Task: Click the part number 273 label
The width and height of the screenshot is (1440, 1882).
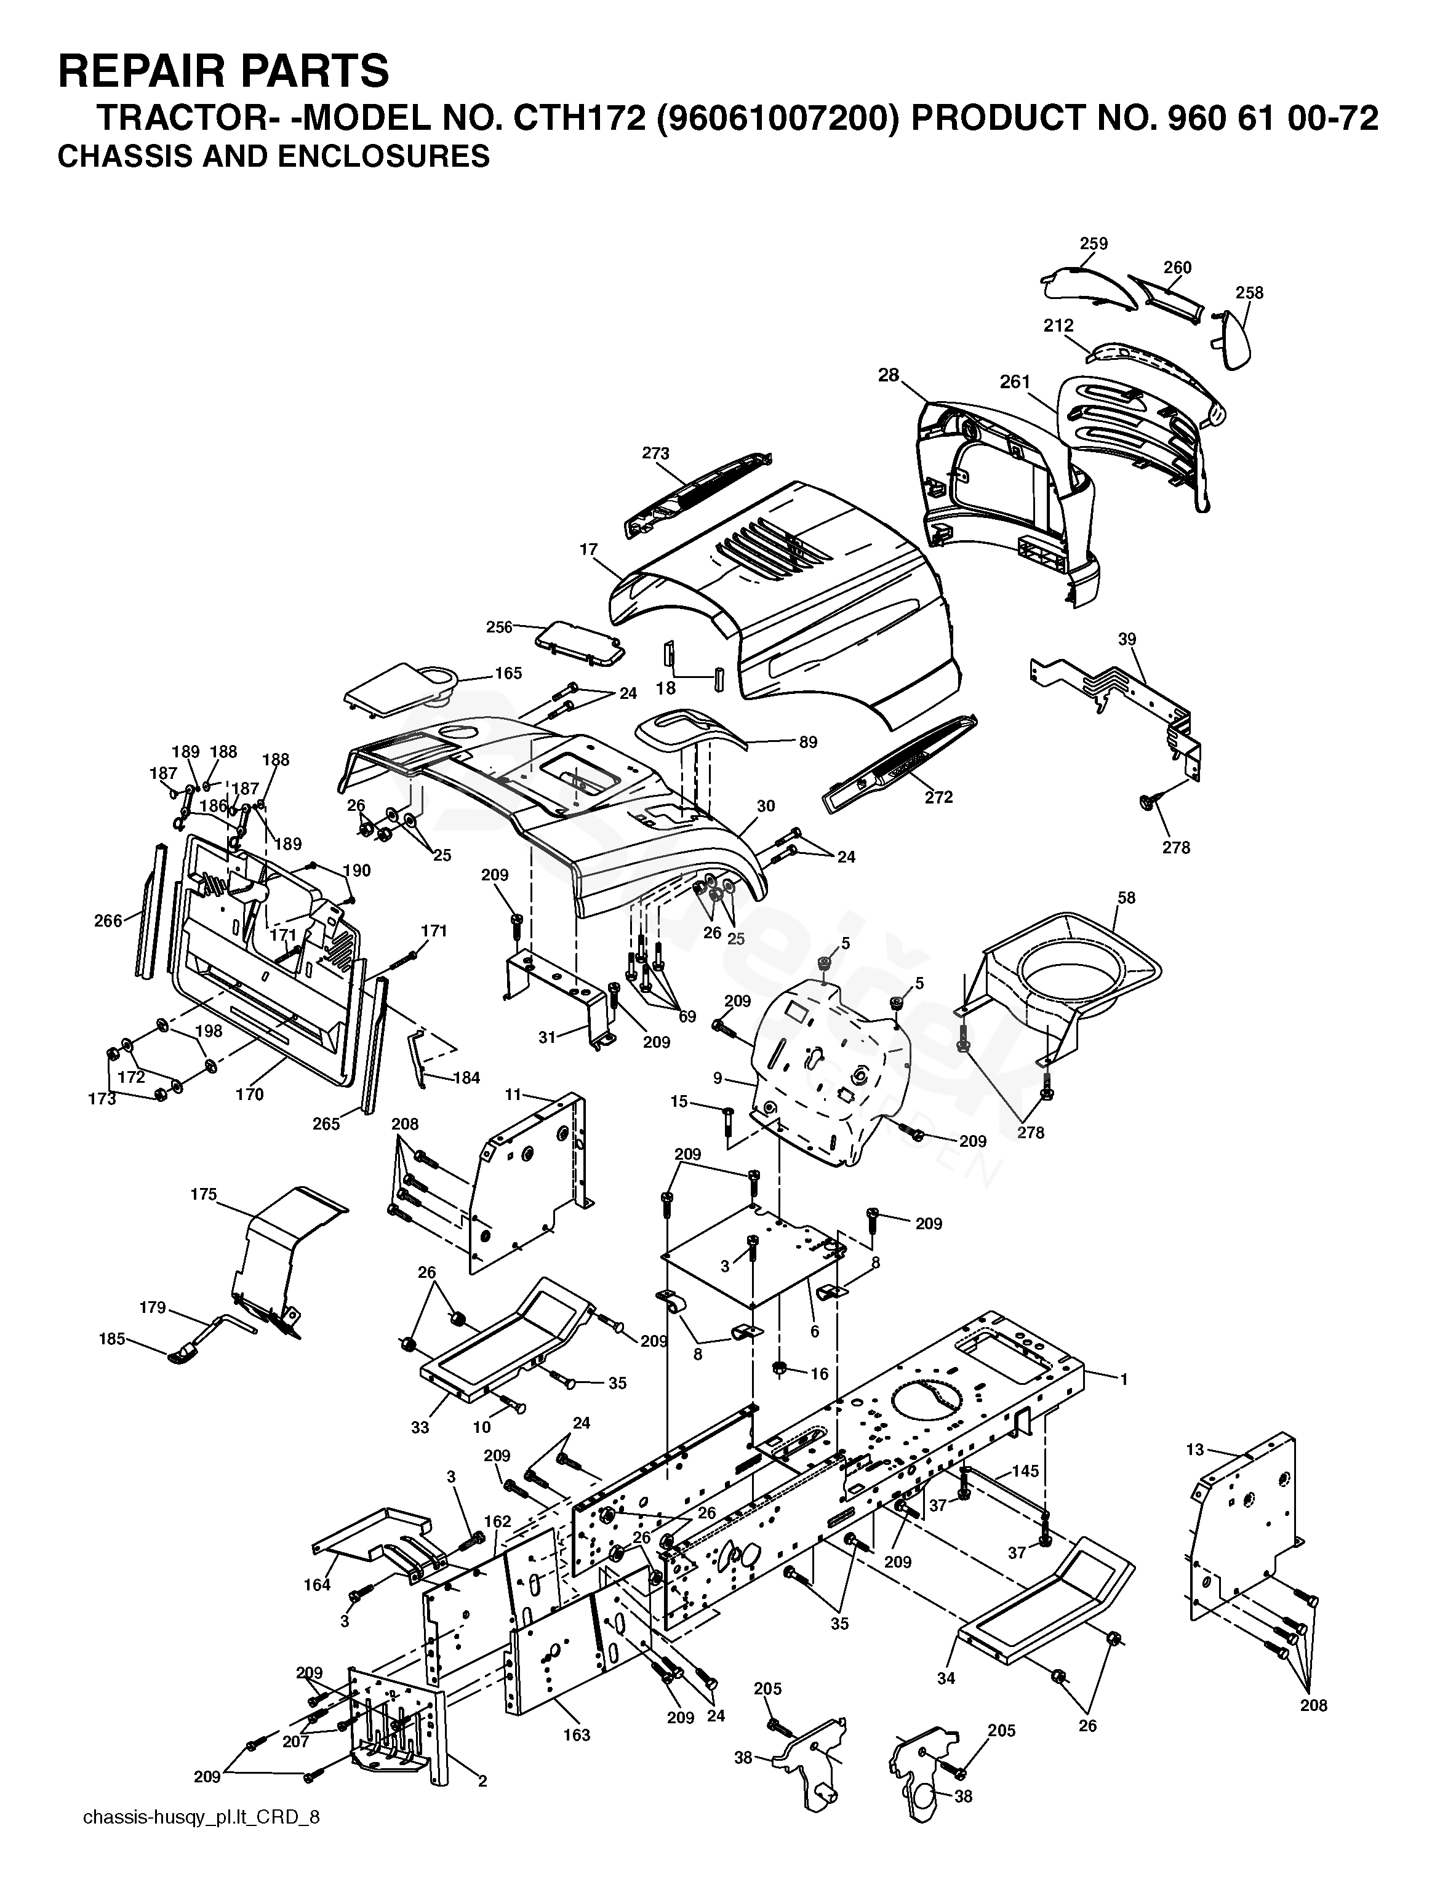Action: point(656,453)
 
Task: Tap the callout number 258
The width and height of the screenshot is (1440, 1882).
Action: point(1249,292)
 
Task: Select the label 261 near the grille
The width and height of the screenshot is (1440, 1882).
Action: point(1015,381)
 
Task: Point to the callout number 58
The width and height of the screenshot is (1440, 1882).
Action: point(1126,897)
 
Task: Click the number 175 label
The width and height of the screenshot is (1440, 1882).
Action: point(203,1194)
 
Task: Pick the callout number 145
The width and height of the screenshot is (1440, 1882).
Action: point(1025,1470)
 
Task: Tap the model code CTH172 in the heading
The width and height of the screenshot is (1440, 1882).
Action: point(578,118)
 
